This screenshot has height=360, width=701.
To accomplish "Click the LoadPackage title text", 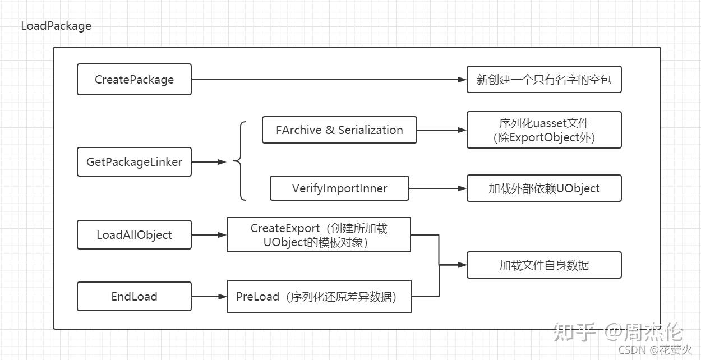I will click(x=56, y=26).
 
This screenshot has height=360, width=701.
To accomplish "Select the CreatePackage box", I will click(x=134, y=80).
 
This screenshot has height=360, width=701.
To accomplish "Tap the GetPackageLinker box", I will click(x=134, y=162).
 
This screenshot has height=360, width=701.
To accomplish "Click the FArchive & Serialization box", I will click(x=339, y=130).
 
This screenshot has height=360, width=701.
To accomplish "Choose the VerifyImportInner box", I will click(x=339, y=188).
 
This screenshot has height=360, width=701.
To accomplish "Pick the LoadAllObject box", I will click(x=134, y=235).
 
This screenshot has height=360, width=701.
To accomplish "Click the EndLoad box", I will click(x=134, y=297).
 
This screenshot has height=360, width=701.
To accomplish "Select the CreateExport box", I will click(x=319, y=235).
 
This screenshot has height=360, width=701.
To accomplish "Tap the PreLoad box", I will click(x=319, y=297).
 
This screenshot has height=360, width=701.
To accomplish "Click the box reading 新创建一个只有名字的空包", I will click(x=544, y=80).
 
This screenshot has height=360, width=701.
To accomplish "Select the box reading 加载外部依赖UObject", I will click(x=544, y=188).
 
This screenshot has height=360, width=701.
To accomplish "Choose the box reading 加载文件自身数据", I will click(x=544, y=265).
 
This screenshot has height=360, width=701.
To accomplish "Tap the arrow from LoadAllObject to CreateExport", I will click(x=209, y=235).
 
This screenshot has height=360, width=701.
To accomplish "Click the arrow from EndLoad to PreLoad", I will click(x=209, y=297).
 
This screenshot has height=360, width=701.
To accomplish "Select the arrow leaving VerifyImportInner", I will click(x=437, y=188).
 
